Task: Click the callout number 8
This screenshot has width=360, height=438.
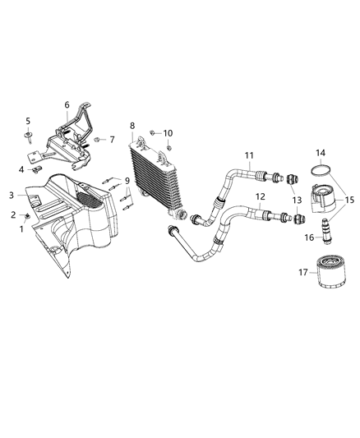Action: [x=132, y=126]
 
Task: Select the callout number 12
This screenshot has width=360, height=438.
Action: [x=259, y=196]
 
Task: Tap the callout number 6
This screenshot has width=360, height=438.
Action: [x=67, y=104]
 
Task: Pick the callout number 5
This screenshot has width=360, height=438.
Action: [x=27, y=121]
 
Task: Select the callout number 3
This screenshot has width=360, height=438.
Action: [x=12, y=195]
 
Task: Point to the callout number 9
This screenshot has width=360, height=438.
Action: [x=127, y=180]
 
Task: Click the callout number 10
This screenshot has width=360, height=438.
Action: [x=168, y=133]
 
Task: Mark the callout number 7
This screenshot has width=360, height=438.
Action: [x=113, y=141]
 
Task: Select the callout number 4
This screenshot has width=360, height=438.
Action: [x=22, y=169]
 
